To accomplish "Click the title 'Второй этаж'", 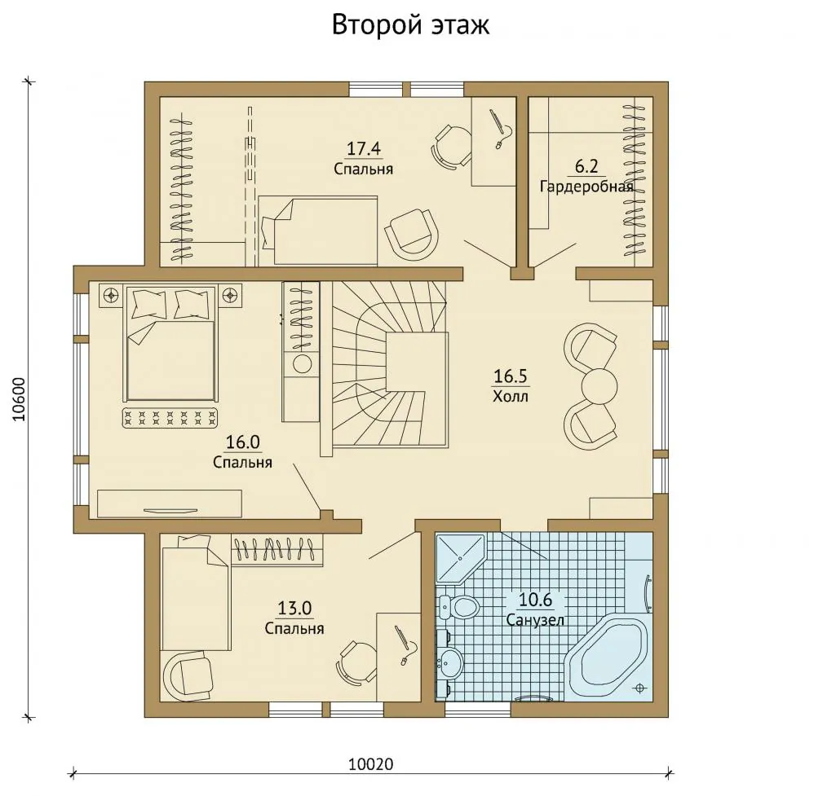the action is (x=410, y=25).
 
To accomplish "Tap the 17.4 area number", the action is (x=364, y=149).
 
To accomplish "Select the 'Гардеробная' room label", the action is (x=586, y=186).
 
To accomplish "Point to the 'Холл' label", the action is (x=511, y=397).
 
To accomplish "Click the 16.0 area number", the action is (x=243, y=442).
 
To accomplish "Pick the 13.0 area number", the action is (x=294, y=608).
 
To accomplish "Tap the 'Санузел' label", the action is (x=535, y=620).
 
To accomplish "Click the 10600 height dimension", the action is (x=19, y=399).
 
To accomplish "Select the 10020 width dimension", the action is (x=370, y=764).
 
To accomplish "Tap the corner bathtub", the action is (x=606, y=657).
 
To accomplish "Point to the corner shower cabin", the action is (x=459, y=558).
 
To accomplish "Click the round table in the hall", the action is (x=599, y=385).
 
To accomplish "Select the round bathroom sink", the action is (x=449, y=662).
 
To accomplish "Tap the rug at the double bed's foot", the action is (x=170, y=417).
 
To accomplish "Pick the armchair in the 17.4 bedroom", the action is (x=411, y=235).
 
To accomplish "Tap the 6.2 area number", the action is (x=586, y=167).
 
